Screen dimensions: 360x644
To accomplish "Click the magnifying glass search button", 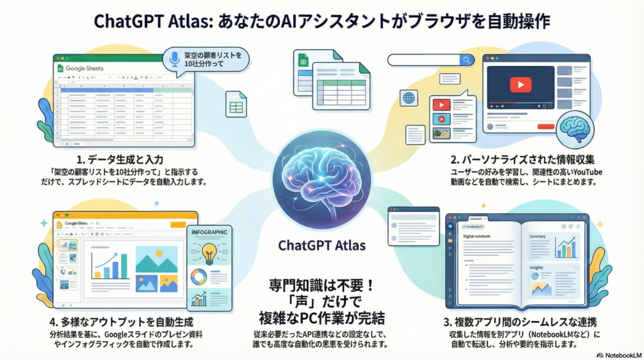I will (x=467, y=60).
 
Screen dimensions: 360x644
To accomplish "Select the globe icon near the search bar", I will (x=409, y=98).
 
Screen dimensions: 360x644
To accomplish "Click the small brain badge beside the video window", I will (x=576, y=126).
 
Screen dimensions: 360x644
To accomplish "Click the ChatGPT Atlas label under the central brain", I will (x=322, y=244).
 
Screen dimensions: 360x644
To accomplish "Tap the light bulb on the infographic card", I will (x=209, y=255).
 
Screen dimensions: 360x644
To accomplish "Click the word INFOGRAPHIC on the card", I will (x=209, y=232).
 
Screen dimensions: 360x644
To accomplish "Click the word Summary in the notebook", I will (x=538, y=237).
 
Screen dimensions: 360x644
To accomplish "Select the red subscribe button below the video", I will (x=545, y=126).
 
